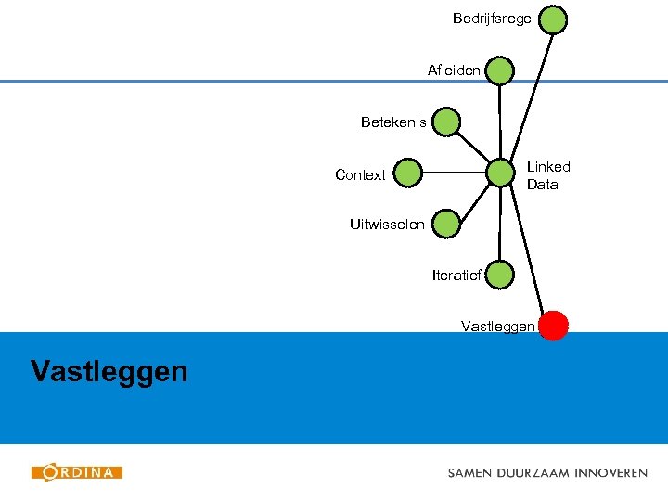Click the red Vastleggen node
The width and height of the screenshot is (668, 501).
tap(554, 325)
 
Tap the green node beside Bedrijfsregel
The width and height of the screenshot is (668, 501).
tap(554, 19)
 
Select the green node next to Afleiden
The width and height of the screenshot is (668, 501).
tap(499, 71)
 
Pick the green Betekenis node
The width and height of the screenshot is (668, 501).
tap(446, 122)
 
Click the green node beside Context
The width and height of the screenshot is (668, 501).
tap(407, 173)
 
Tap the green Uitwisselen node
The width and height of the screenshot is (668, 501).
tap(446, 224)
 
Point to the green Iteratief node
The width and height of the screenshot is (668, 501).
tap(499, 275)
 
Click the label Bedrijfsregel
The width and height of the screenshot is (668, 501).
tap(493, 19)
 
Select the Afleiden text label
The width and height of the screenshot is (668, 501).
tap(454, 71)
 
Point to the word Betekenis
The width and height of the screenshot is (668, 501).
tap(393, 122)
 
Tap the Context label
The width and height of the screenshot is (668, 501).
tap(360, 174)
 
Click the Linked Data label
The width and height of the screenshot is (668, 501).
tap(548, 175)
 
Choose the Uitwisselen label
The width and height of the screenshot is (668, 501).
tap(387, 224)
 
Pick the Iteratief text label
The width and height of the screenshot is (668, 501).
tap(456, 275)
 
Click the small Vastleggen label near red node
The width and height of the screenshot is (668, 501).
tap(497, 326)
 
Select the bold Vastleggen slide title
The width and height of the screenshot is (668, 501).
tap(109, 372)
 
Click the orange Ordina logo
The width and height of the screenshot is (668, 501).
tap(77, 472)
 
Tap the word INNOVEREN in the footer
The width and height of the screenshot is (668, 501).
tap(610, 472)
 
